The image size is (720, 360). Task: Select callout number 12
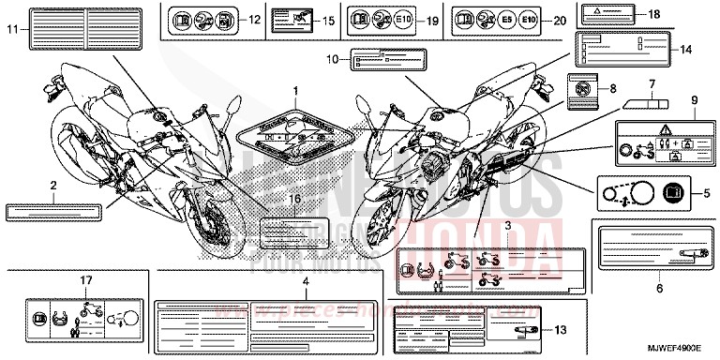254,19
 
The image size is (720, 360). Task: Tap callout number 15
328,19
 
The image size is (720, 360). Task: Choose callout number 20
561,19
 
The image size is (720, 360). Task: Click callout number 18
653,13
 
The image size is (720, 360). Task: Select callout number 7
648,82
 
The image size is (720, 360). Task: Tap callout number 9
695,98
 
